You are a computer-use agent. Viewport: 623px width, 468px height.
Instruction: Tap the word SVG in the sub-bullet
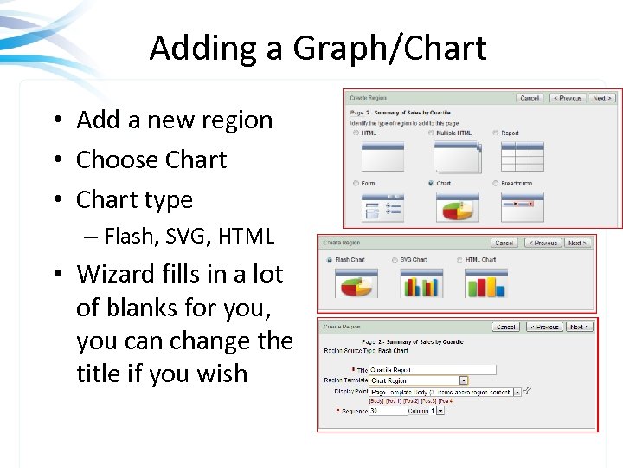(177, 235)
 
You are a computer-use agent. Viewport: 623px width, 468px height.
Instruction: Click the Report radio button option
(495, 133)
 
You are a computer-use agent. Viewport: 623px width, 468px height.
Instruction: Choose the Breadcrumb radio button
(495, 184)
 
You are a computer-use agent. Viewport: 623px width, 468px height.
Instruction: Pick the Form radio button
(356, 184)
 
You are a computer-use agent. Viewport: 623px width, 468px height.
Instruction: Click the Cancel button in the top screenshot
(530, 99)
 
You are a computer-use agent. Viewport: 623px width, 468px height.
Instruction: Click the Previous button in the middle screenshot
(544, 244)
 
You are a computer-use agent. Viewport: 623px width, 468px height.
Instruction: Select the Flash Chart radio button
(329, 260)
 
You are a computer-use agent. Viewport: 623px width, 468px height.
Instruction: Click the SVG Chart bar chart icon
(420, 283)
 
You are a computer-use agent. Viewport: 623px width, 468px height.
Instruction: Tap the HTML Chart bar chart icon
(485, 283)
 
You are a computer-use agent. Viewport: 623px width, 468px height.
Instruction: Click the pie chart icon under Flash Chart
(355, 283)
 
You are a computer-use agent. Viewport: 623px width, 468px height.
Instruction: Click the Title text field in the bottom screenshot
(433, 369)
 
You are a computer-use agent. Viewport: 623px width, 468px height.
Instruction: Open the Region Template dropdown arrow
(464, 380)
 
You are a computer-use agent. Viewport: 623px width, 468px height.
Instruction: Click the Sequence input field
(387, 411)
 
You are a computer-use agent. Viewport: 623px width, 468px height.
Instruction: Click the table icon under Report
(522, 157)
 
